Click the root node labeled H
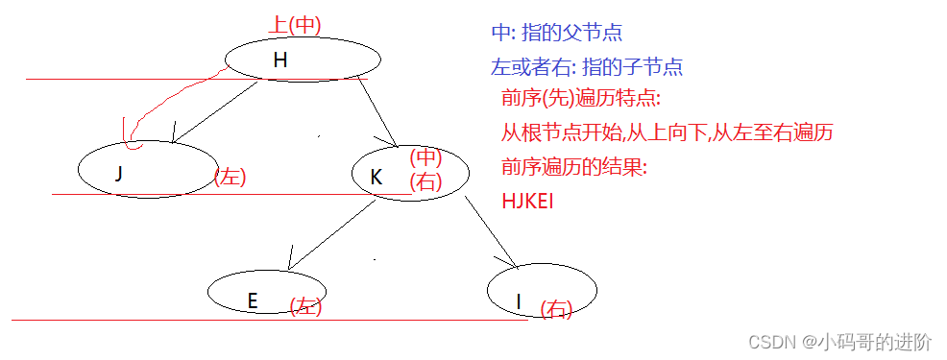coord(303,60)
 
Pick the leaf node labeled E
coord(266,292)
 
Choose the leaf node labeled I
coord(542,291)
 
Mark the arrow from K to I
coord(492,231)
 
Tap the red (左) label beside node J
coord(230,178)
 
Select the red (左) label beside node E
coord(305,306)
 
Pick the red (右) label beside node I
coord(556,308)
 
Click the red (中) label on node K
coord(425,156)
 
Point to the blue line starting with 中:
coord(556,32)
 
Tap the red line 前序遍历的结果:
coord(573,167)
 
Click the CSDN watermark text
coord(839,342)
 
